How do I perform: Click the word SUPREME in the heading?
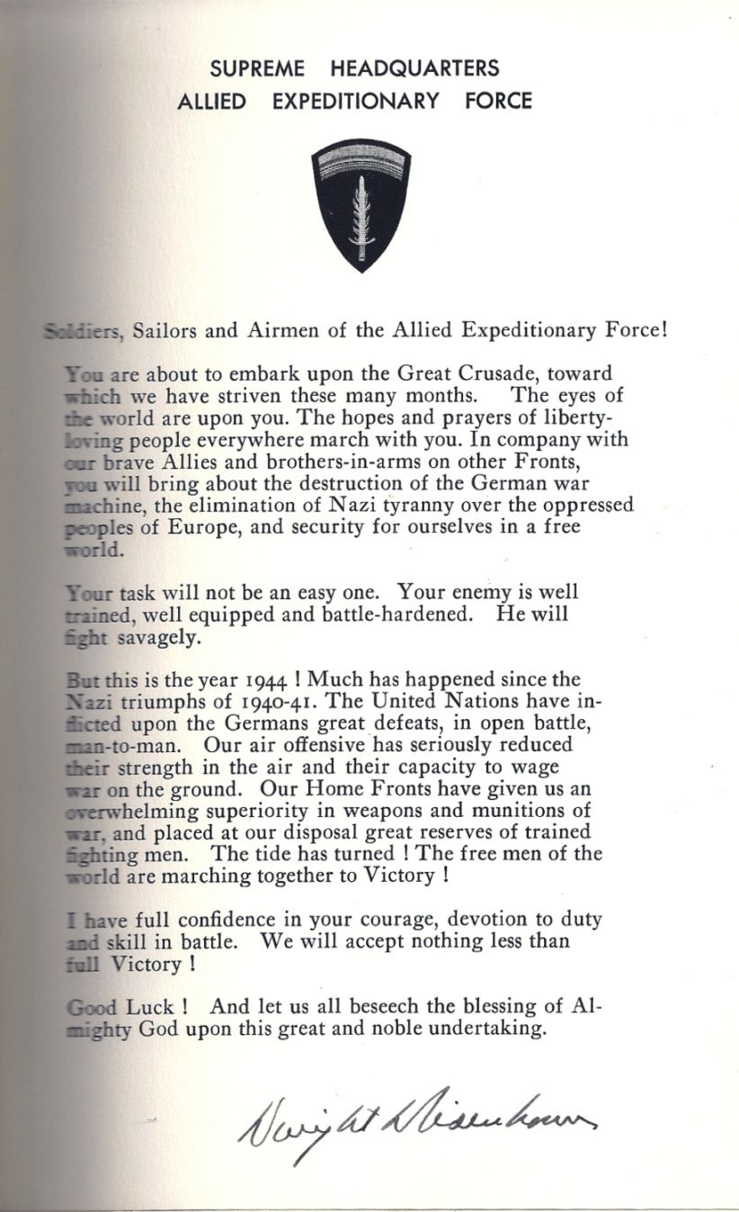pos(257,68)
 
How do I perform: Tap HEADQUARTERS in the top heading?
pos(414,68)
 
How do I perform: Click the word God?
pos(160,1029)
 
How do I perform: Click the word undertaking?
pos(488,1029)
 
